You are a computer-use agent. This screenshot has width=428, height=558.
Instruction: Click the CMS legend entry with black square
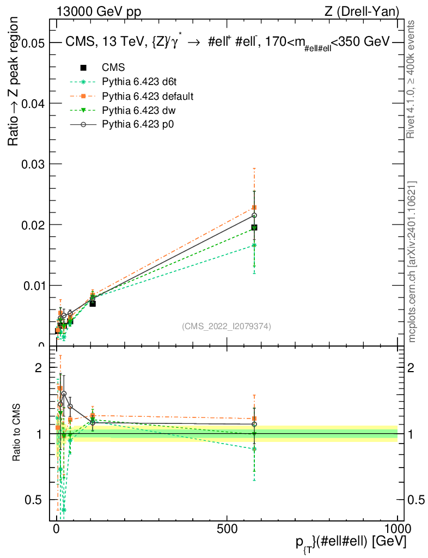(113, 68)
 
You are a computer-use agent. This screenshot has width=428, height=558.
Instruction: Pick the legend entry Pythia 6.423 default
(148, 96)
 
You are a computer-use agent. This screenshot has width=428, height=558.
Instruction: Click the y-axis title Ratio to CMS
(16, 433)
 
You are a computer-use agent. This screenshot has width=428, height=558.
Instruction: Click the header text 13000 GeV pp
(99, 11)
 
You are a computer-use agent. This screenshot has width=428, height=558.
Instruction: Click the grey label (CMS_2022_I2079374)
(226, 326)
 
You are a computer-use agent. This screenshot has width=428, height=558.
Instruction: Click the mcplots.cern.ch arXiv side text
(413, 262)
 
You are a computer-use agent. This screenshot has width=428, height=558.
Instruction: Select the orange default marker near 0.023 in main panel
(254, 208)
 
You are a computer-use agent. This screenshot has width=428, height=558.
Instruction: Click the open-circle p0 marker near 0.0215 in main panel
(254, 216)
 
